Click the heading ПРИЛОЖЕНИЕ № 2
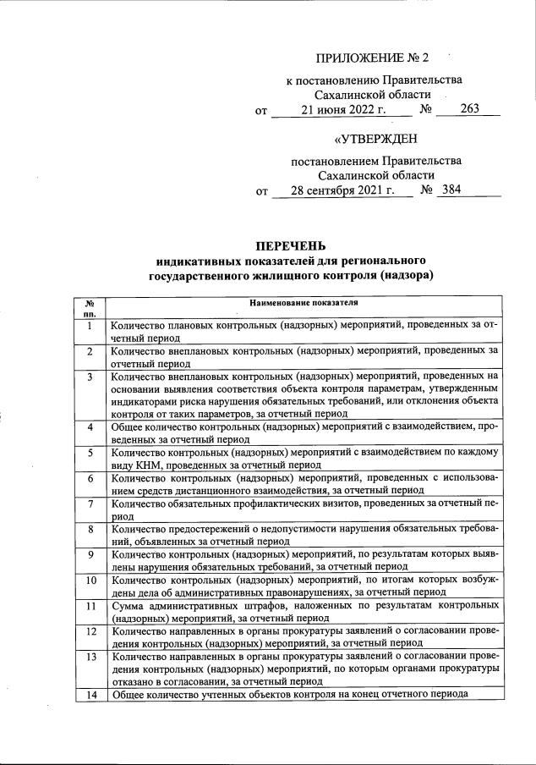click(373, 58)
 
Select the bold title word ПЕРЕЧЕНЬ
click(290, 245)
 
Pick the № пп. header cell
click(89, 307)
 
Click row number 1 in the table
click(89, 325)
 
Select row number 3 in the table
click(89, 375)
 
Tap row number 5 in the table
click(89, 453)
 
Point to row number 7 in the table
click(89, 504)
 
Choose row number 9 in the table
click(89, 554)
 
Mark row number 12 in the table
click(89, 631)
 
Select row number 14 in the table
click(89, 695)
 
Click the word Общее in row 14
click(129, 695)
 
